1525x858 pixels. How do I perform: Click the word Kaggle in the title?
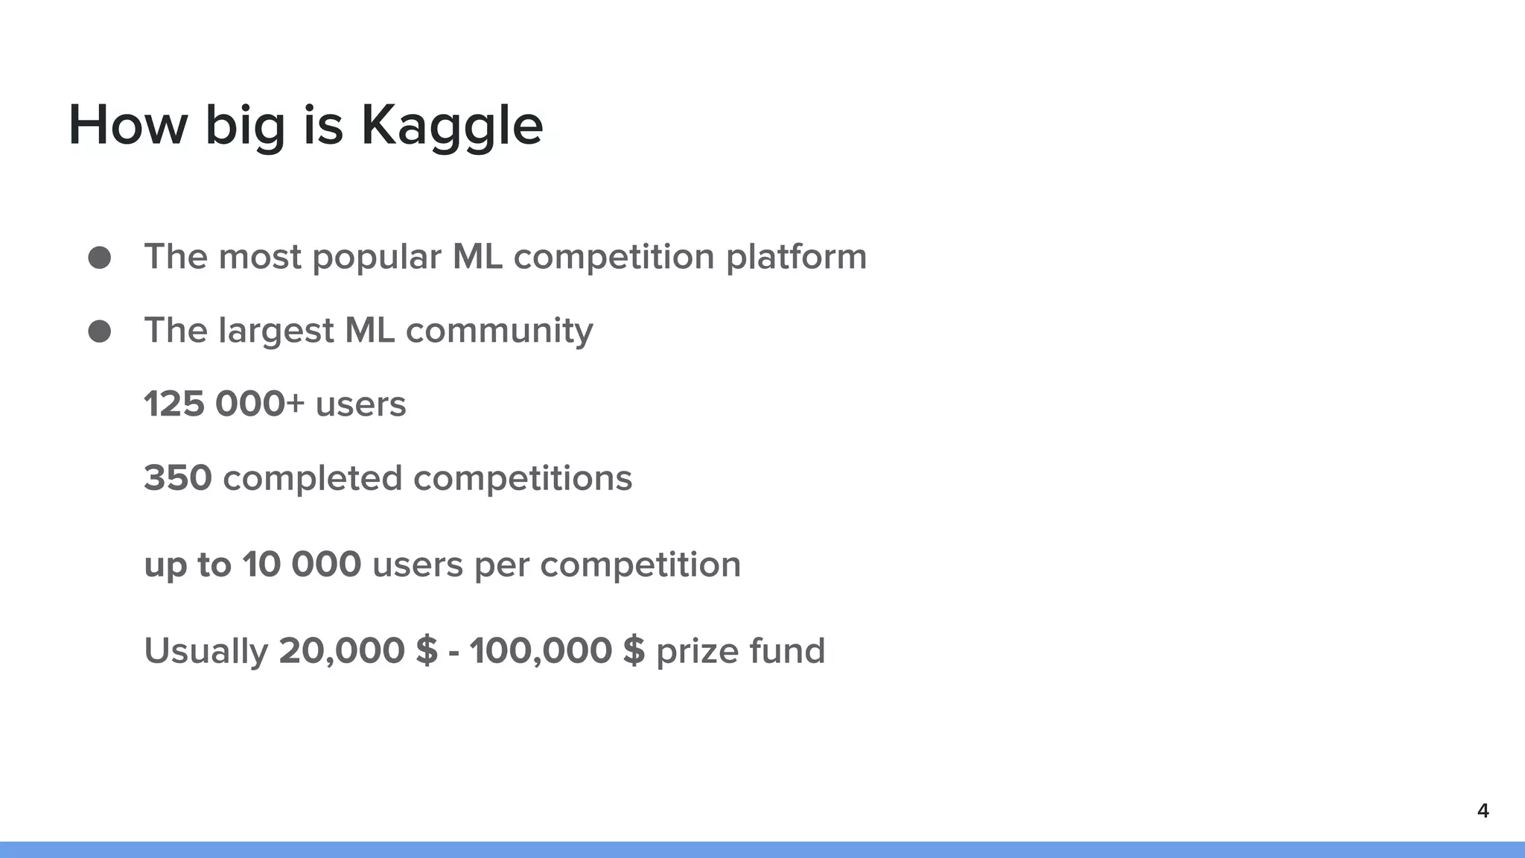tap(452, 126)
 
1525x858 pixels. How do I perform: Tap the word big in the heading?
tap(245, 126)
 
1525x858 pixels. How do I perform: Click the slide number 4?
tap(1483, 811)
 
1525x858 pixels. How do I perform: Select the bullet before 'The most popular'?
tap(100, 258)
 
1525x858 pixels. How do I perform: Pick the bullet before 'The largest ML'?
tap(100, 331)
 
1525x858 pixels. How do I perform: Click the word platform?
tap(796, 258)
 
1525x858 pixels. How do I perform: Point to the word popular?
tap(377, 258)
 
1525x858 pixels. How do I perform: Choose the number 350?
tap(178, 478)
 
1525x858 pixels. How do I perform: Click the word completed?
tap(313, 478)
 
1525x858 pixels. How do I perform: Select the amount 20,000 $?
tap(358, 651)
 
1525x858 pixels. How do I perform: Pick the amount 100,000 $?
tap(557, 651)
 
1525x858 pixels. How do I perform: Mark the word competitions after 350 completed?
tap(523, 478)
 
